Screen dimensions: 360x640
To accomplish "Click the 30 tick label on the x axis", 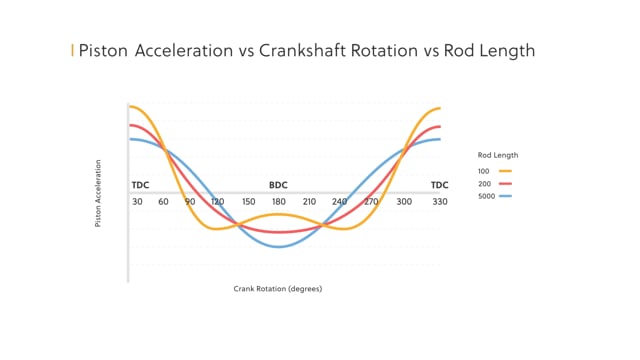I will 136,201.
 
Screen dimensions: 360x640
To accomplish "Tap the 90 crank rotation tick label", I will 190,201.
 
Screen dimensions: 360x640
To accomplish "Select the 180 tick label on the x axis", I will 280,201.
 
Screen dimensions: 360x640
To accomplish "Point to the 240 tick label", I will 340,201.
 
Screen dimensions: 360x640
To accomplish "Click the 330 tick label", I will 439,201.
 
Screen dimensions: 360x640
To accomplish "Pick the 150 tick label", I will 249,201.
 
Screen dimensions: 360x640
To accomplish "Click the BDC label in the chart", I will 279,186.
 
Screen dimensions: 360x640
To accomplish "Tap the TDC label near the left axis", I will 140,186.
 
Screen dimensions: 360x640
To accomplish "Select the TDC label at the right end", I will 440,186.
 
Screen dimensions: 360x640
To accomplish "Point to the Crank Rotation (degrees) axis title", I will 278,289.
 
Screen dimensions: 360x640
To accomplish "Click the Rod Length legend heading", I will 498,155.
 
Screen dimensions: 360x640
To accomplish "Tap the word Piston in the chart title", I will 102,51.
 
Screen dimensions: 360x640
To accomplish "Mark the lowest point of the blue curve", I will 280,247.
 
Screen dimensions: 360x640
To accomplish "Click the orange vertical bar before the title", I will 71,51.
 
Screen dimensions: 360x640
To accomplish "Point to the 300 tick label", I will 404,201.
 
